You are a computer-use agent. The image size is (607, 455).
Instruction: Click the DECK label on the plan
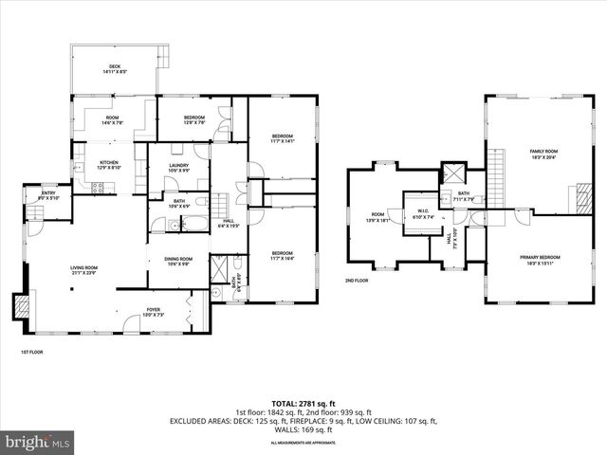115,65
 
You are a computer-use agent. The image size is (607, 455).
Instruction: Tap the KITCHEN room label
109,163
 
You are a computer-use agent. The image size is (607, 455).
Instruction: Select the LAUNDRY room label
178,166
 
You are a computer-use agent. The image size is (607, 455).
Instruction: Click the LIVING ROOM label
84,268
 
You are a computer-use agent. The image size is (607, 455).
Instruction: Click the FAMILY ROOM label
543,152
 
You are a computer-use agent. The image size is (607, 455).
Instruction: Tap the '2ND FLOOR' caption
357,281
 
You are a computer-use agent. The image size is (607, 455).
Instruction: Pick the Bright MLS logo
38,442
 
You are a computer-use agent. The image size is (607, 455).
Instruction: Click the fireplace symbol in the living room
21,306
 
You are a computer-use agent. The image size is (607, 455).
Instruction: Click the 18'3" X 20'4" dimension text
543,158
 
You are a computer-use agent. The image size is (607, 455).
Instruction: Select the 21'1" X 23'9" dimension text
84,274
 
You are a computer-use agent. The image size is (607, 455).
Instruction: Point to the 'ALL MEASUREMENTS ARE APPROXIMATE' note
303,443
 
